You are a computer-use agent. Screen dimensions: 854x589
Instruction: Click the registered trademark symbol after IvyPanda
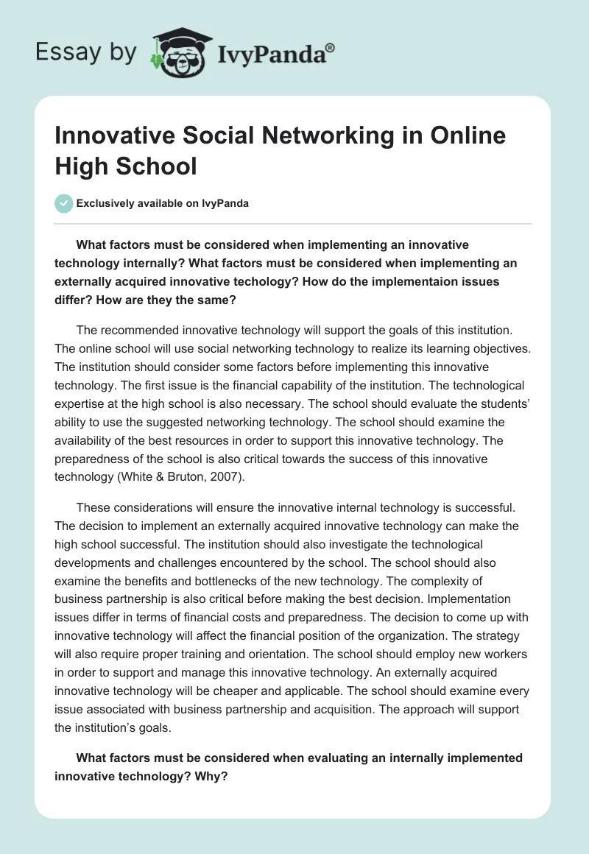(x=331, y=48)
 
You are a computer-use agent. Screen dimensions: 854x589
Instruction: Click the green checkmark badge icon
(x=64, y=203)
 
